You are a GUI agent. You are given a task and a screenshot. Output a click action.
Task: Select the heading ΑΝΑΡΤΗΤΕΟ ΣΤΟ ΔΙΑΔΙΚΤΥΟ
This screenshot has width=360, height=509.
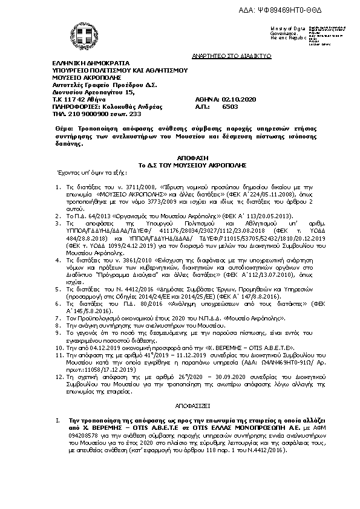click(x=240, y=55)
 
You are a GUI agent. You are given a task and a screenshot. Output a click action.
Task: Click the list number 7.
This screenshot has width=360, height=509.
click(x=57, y=317)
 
